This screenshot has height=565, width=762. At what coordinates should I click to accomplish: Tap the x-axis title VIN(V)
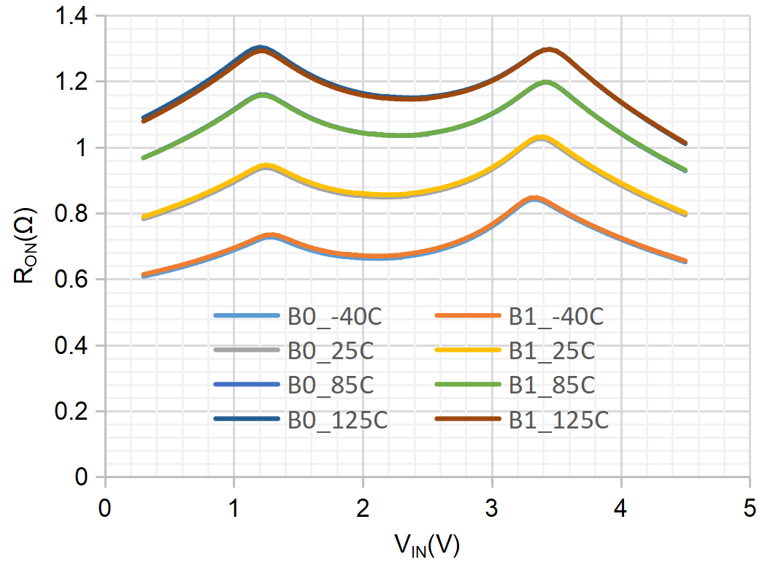(427, 545)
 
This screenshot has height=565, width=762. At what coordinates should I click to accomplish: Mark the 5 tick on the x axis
(750, 507)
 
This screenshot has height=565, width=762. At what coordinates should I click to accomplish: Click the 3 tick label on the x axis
(492, 507)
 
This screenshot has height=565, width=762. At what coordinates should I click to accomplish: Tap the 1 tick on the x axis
(234, 507)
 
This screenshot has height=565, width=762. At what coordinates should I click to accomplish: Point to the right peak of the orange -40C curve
(535, 199)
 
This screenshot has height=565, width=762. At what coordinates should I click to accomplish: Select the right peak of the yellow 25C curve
(540, 137)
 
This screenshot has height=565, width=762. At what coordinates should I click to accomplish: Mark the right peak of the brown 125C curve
(548, 50)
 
